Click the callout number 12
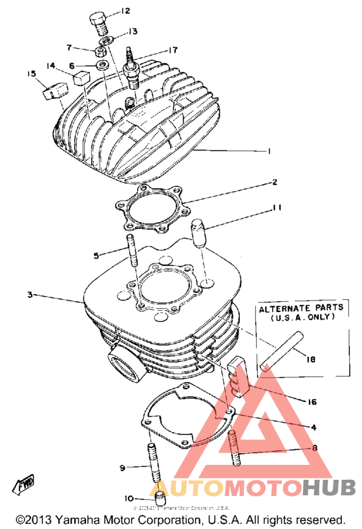coord(125,11)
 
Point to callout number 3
coord(29,295)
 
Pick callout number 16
coord(312,401)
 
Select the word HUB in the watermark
coord(323,486)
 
